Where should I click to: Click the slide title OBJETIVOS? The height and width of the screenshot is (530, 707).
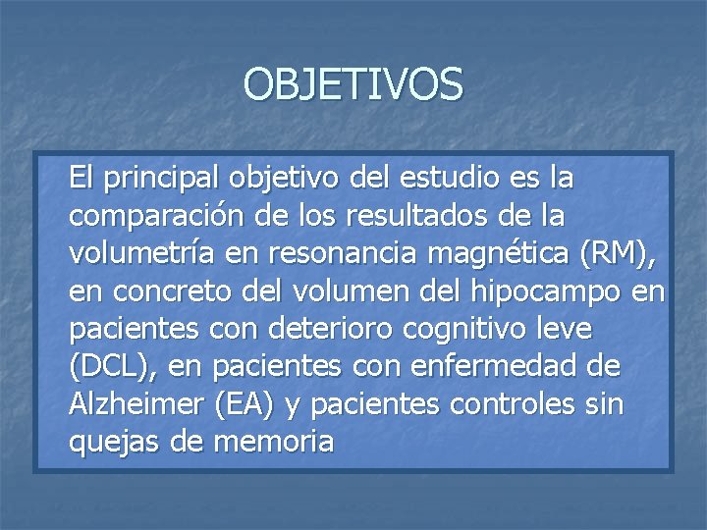click(x=353, y=84)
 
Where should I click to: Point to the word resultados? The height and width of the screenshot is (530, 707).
click(x=446, y=216)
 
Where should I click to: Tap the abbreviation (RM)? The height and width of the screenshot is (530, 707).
click(x=616, y=254)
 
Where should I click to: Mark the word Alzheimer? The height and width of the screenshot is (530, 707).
click(x=131, y=404)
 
